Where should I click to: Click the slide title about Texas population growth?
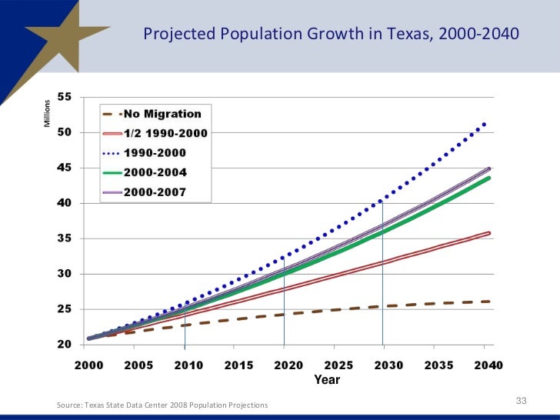[x=331, y=35]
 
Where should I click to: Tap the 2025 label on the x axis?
[x=339, y=365]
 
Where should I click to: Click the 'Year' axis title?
[x=327, y=380]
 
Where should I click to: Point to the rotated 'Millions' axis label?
[x=48, y=114]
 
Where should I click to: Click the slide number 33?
[x=521, y=401]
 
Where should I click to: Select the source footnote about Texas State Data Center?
[x=163, y=405]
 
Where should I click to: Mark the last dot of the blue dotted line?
[x=484, y=124]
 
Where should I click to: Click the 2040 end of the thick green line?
[x=488, y=178]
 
